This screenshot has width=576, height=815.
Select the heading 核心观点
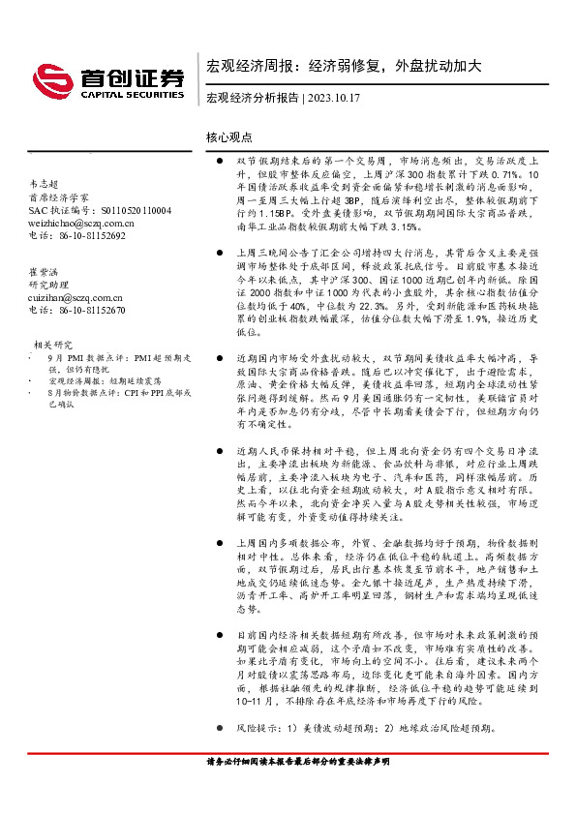coord(229,138)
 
